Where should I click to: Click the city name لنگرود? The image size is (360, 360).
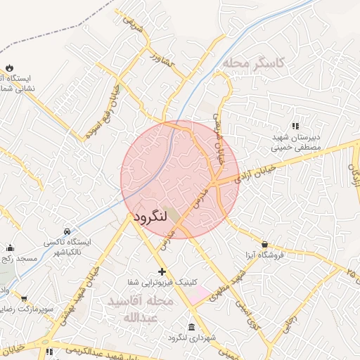(x=149, y=216)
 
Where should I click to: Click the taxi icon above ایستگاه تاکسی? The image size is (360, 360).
(x=67, y=231)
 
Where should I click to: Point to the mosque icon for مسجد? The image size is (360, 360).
(x=10, y=247)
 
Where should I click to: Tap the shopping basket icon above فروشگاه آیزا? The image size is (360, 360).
(x=264, y=244)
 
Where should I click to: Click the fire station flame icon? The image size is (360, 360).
(x=10, y=67)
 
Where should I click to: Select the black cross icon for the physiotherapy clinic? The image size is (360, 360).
(x=162, y=271)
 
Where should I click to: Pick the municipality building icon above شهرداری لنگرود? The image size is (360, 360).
(x=192, y=327)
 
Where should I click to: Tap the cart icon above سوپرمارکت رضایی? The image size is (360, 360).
(x=25, y=298)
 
